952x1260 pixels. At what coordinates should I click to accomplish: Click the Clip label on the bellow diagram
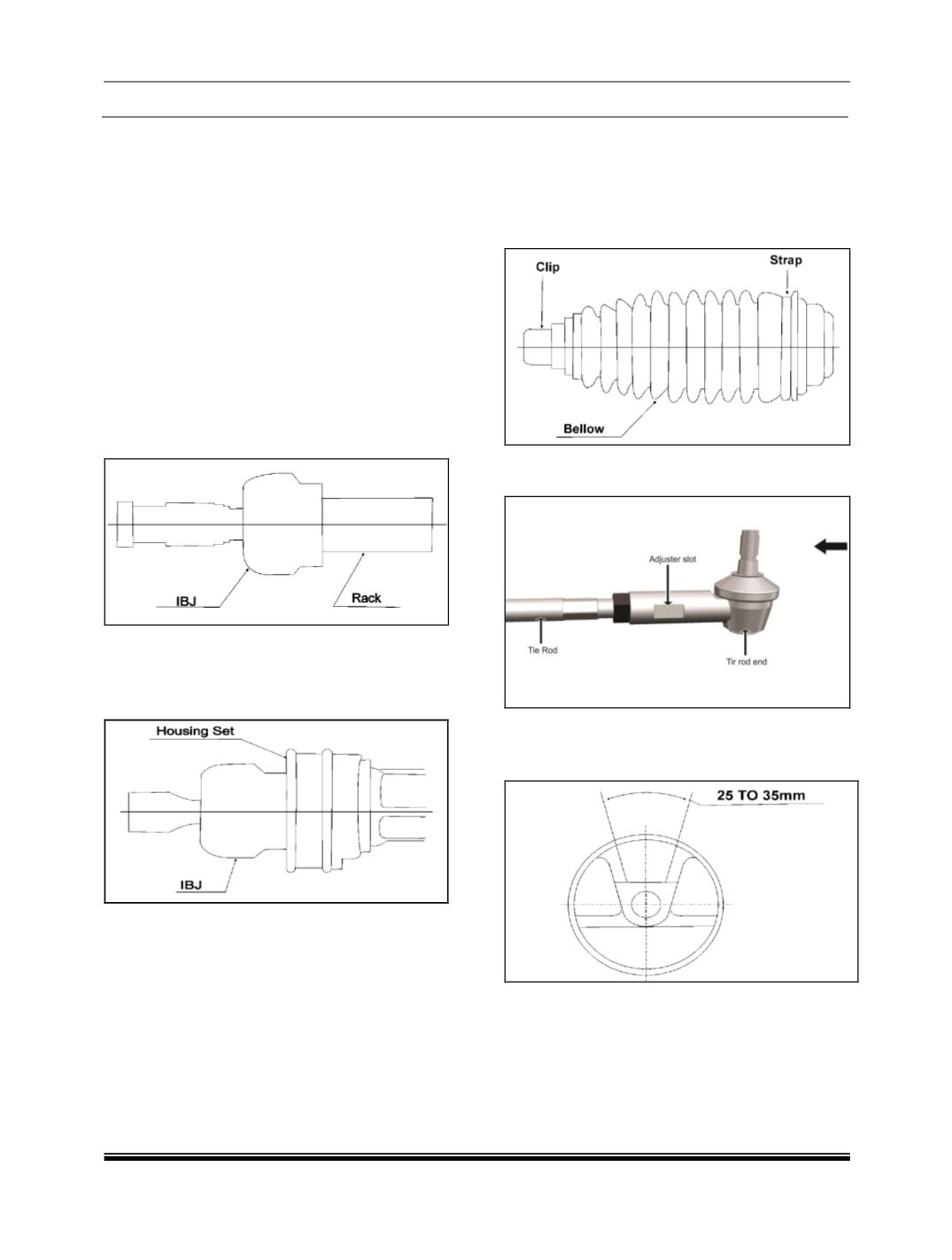[547, 267]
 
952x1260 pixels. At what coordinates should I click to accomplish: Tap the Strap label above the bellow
[786, 260]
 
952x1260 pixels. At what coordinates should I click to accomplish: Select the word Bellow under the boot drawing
[584, 429]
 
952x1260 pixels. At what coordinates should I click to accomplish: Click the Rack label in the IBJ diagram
[366, 597]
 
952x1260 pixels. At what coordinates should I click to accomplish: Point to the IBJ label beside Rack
[186, 601]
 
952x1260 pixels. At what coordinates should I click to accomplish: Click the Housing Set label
[195, 731]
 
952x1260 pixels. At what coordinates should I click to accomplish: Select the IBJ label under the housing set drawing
[191, 884]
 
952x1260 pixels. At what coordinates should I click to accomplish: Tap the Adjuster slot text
[672, 558]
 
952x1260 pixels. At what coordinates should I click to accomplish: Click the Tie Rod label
[542, 649]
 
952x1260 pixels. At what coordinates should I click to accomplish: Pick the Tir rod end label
[747, 661]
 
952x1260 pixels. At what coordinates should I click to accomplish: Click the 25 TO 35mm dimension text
[761, 795]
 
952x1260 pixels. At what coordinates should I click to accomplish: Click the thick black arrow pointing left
[831, 546]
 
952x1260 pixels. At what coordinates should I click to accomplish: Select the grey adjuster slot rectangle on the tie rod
[669, 611]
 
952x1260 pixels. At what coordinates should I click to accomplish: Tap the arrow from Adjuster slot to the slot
[668, 584]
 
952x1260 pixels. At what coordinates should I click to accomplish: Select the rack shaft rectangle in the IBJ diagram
[376, 525]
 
